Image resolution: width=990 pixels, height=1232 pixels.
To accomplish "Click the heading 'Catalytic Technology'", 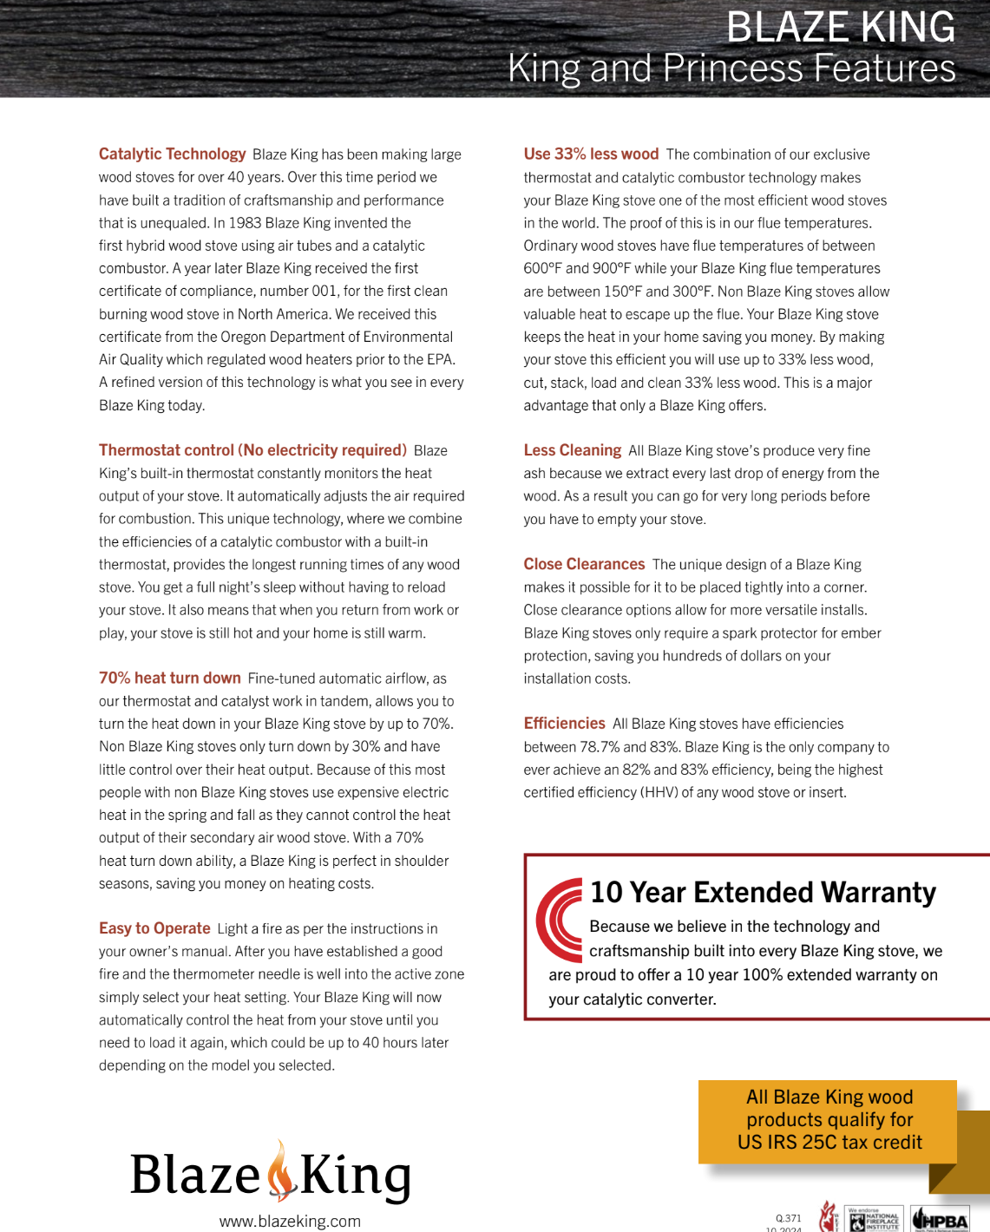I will click(x=172, y=154).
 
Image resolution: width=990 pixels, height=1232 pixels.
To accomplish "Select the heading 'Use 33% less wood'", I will click(x=591, y=154).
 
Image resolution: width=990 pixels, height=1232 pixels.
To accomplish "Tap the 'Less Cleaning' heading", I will click(x=572, y=450).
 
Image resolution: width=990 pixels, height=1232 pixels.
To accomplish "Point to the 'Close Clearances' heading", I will click(x=584, y=565).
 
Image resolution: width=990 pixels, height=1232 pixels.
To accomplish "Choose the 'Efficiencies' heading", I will click(x=564, y=724).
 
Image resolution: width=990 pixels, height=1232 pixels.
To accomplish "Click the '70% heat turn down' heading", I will click(x=169, y=678).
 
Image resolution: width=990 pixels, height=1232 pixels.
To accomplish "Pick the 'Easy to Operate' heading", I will click(x=154, y=928).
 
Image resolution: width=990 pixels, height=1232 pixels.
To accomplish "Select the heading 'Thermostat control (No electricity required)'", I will click(x=252, y=450).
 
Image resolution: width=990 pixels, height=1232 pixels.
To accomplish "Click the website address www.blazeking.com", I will click(x=290, y=1222).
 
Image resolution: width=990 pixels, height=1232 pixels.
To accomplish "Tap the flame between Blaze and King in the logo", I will click(x=280, y=1172).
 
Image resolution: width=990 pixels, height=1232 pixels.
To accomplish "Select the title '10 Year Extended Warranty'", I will click(x=763, y=893).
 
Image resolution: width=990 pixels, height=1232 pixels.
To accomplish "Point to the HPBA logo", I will click(x=940, y=1219).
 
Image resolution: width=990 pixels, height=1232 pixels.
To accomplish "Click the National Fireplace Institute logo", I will click(x=874, y=1219).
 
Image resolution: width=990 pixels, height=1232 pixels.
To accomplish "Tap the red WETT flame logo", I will click(x=829, y=1217).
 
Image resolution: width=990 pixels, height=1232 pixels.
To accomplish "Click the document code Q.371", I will click(x=788, y=1218).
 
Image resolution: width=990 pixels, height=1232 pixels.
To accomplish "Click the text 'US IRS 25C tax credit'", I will click(x=829, y=1143).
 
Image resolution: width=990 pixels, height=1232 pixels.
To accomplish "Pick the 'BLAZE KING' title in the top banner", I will click(x=840, y=28).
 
